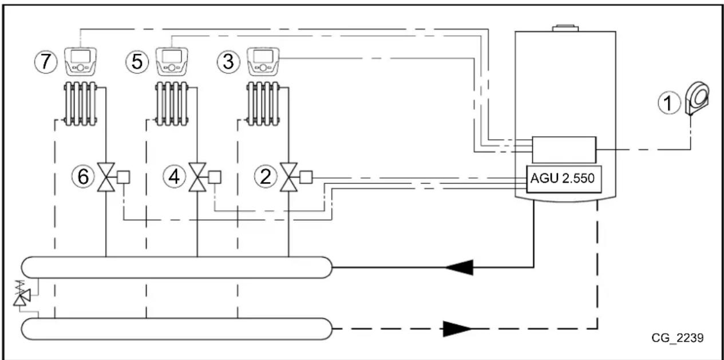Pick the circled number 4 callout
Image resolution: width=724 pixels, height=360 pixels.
tap(174, 177)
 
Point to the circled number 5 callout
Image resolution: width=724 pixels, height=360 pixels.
tap(137, 61)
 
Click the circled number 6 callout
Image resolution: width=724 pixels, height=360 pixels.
tap(84, 177)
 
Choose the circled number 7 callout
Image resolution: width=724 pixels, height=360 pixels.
tap(45, 61)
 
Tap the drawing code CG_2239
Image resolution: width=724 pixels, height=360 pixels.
tap(677, 338)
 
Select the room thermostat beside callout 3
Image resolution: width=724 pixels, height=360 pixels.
tap(262, 61)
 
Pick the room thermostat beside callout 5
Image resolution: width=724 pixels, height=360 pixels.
tap(171, 61)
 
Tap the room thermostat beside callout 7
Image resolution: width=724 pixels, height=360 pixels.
tap(80, 61)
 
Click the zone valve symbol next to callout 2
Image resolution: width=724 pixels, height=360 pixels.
tap(287, 177)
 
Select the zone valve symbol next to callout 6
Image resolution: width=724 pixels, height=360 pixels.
tap(106, 177)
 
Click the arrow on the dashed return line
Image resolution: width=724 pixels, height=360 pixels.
tap(457, 329)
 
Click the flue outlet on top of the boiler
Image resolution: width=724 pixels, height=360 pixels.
tap(565, 27)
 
